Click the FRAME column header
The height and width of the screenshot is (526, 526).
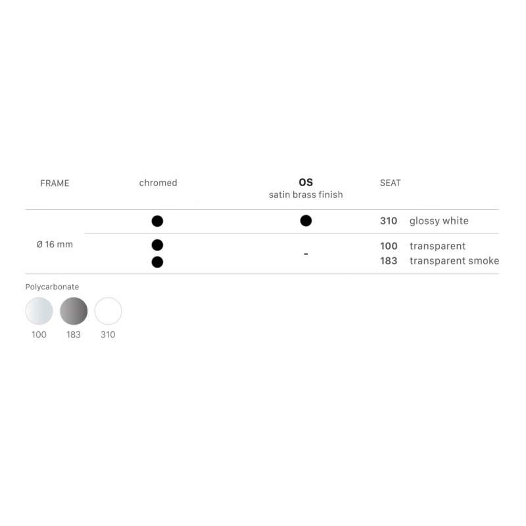(x=55, y=183)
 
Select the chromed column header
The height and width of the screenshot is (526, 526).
(x=158, y=183)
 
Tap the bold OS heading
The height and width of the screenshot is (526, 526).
(x=306, y=182)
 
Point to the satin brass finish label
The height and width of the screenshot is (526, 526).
(x=306, y=195)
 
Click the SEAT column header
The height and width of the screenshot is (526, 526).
(x=390, y=183)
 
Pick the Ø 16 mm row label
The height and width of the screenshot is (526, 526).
(x=55, y=244)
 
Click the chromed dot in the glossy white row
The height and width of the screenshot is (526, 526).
(x=157, y=221)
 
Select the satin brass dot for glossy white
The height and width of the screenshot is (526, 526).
(x=306, y=221)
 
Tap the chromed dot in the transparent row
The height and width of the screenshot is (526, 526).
(x=157, y=245)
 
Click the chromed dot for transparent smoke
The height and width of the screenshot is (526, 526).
(x=157, y=262)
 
